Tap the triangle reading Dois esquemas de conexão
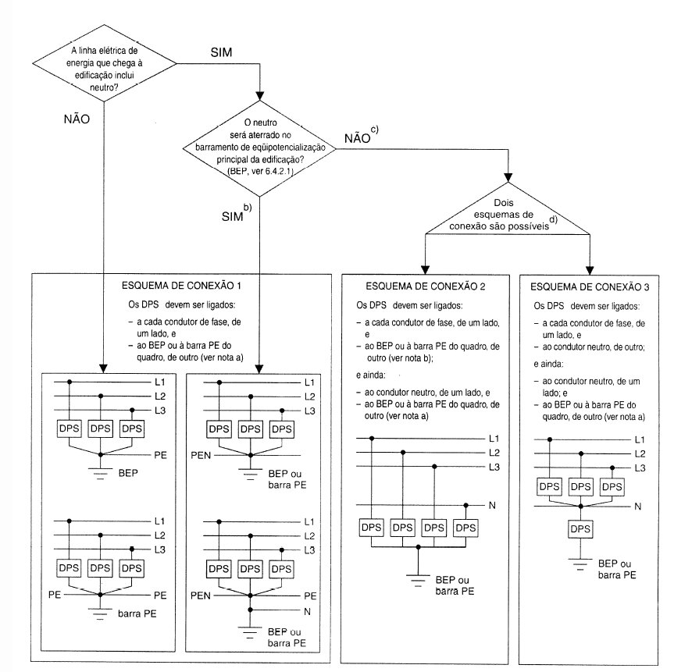tap(508, 215)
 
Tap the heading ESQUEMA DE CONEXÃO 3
tap(591, 286)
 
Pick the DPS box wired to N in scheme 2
tap(465, 528)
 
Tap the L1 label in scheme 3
tap(640, 440)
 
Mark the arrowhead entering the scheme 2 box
tap(425, 265)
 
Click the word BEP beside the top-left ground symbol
tap(130, 473)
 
